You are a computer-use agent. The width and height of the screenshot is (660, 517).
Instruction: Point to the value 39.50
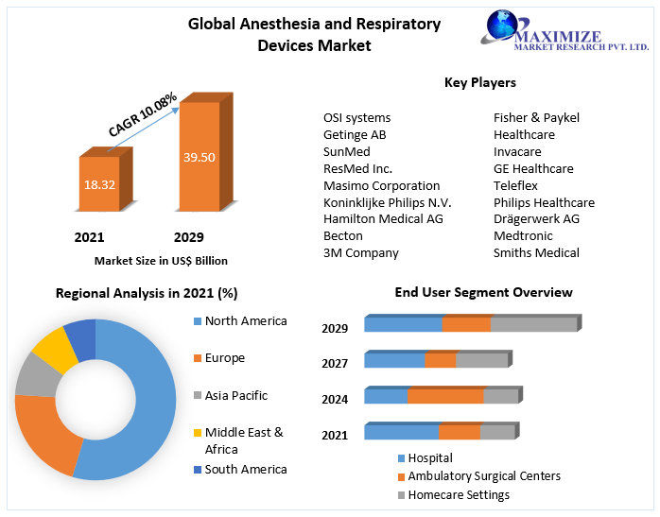[x=199, y=157]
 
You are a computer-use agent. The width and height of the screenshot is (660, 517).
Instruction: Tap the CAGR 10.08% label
[x=142, y=114]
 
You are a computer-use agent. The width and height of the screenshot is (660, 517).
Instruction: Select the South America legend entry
[x=245, y=469]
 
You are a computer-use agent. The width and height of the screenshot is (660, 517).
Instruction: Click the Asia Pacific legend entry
[x=235, y=395]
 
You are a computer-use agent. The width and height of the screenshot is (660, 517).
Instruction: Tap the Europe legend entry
[x=224, y=358]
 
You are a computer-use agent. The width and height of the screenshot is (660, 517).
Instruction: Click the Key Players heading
[x=480, y=83]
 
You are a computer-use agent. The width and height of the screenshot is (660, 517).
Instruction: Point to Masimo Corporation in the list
[x=381, y=186]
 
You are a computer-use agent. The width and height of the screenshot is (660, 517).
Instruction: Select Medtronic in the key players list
[x=523, y=235]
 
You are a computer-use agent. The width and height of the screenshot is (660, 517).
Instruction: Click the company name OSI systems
[x=356, y=118]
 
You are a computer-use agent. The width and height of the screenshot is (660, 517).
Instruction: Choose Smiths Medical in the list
[x=536, y=252]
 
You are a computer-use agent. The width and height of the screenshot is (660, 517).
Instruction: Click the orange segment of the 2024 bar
[x=445, y=396]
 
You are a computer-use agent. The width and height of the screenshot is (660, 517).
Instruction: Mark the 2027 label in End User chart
[x=335, y=363]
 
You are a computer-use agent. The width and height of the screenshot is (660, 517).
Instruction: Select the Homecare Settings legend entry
[x=459, y=494]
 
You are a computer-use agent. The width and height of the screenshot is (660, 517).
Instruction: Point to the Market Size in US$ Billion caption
[x=161, y=261]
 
